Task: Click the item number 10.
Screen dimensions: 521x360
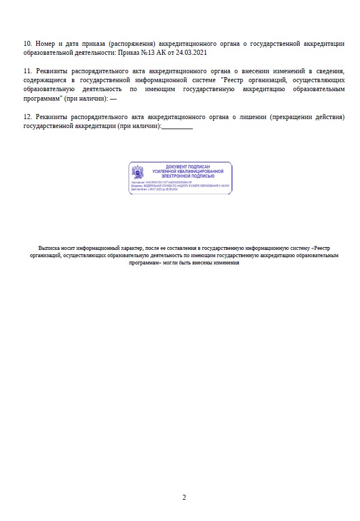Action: [x=27, y=44]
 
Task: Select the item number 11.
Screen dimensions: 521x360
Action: [x=27, y=72]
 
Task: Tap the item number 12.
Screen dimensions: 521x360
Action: [x=27, y=117]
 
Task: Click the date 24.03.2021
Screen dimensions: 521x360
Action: [x=188, y=53]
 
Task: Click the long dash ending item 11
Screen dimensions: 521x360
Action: [x=114, y=98]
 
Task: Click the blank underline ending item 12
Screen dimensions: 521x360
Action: [x=177, y=126]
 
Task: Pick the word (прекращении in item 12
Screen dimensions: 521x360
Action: [x=287, y=117]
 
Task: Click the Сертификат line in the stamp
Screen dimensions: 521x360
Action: [x=162, y=182]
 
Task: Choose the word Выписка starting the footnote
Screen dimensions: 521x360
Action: [x=49, y=248]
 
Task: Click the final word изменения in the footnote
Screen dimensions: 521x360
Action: [x=226, y=262]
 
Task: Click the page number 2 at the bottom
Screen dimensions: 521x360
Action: [x=184, y=498]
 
